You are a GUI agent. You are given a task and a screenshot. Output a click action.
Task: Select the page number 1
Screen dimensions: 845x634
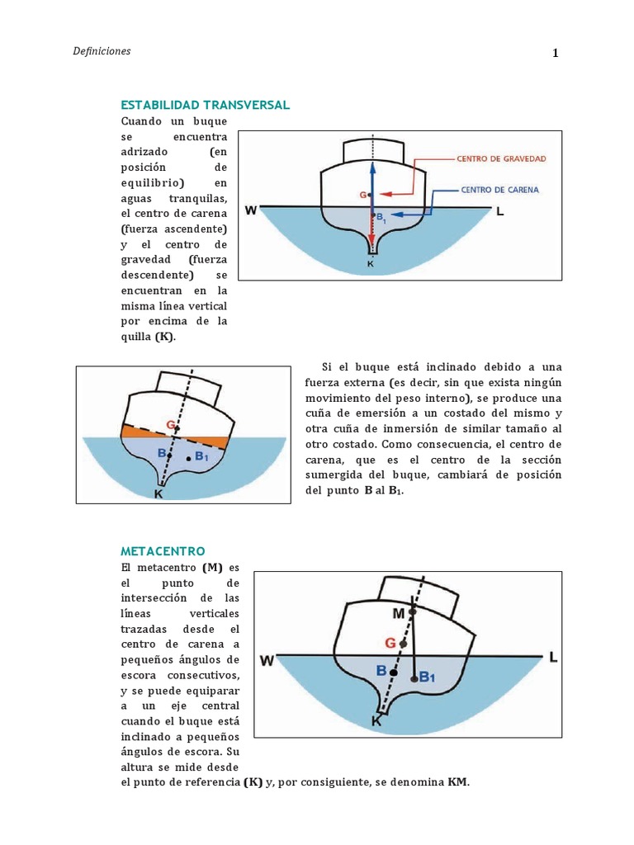point(556,54)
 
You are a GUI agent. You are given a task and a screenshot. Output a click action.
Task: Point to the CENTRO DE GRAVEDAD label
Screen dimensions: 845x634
point(501,158)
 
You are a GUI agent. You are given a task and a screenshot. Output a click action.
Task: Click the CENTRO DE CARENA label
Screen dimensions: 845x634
point(499,189)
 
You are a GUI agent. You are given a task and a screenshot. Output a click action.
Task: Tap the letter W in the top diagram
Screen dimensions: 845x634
point(251,210)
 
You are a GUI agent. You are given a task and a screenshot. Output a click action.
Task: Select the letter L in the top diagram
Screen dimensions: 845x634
point(499,211)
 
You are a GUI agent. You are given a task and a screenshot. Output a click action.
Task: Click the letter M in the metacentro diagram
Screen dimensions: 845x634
point(400,613)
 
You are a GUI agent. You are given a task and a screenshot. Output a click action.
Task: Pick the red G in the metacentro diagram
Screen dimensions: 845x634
point(390,642)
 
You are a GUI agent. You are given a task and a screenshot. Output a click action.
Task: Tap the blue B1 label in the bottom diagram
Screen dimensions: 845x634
point(427,677)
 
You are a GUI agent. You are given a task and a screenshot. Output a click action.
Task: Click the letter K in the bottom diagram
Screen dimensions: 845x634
point(376,720)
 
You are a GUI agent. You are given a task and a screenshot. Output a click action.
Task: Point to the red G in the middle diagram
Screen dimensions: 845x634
point(170,425)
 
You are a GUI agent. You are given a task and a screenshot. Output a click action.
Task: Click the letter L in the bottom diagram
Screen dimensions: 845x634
point(553,657)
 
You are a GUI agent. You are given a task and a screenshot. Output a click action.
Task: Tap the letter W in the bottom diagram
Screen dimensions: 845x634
point(267,660)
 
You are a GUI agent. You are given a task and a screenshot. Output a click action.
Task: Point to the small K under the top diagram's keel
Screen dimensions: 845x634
point(370,264)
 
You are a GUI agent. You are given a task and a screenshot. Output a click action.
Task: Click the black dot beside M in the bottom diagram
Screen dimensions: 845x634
point(414,611)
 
